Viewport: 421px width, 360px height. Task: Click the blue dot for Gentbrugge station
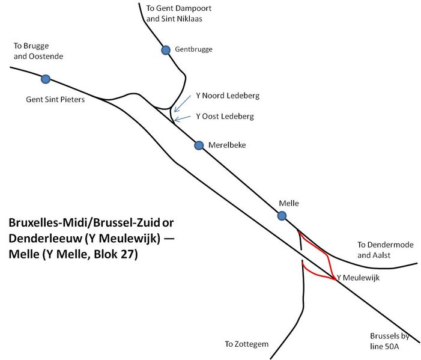point(166,50)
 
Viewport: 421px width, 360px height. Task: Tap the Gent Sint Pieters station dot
point(45,79)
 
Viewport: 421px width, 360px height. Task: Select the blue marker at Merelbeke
point(199,145)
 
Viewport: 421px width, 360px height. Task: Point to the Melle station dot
point(281,216)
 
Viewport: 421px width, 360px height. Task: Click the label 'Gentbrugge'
point(194,49)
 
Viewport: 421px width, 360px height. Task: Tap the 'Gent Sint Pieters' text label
point(55,99)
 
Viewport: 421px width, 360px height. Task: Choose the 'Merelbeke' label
point(227,145)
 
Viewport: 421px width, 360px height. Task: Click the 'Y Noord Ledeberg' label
point(228,96)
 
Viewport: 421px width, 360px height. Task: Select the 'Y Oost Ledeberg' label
point(225,116)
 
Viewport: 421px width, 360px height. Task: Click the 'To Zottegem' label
point(246,344)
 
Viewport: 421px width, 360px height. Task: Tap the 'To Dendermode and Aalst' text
point(382,250)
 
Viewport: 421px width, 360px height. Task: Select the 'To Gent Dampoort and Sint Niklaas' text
point(179,14)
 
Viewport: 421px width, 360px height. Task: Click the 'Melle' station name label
point(289,204)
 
